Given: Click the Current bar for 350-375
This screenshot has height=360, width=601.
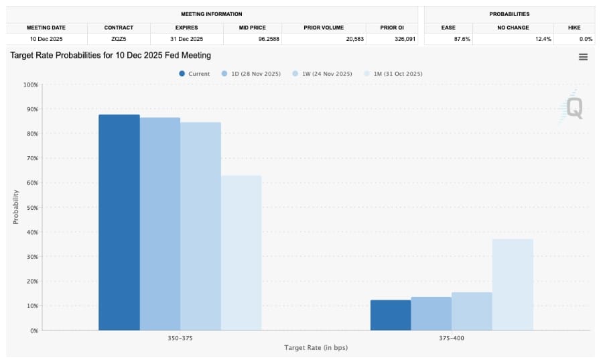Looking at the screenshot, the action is (x=119, y=223).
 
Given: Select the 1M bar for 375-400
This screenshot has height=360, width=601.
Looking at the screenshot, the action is (x=513, y=285).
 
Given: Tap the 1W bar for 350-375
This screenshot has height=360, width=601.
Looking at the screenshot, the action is (x=200, y=226).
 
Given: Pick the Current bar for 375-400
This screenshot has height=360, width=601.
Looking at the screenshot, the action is (x=391, y=315).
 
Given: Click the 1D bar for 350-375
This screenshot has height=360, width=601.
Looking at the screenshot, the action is (x=160, y=224).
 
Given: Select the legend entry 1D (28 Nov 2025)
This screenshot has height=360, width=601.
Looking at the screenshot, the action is (x=251, y=74).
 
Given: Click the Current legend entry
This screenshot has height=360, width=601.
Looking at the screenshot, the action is (x=194, y=74).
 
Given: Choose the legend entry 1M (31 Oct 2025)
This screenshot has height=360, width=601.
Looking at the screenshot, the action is (x=393, y=74).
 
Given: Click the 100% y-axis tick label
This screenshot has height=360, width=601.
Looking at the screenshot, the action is (x=31, y=84).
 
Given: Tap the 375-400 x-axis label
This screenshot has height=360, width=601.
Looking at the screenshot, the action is (x=452, y=338).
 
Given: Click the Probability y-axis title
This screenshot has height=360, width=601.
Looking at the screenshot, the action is (x=15, y=207).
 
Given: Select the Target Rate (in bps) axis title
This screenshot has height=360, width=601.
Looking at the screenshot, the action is (x=316, y=348).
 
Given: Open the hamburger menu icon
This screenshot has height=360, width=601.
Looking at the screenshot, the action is (x=583, y=57).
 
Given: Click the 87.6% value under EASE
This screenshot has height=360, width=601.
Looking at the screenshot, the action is (x=462, y=39).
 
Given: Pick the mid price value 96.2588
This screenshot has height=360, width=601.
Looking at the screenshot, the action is (x=269, y=39).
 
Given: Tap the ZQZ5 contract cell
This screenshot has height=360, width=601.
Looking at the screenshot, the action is (x=119, y=39).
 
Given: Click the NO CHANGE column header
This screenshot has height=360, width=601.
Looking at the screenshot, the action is (x=513, y=27).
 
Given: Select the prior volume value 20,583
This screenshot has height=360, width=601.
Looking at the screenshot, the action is (x=355, y=39).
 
